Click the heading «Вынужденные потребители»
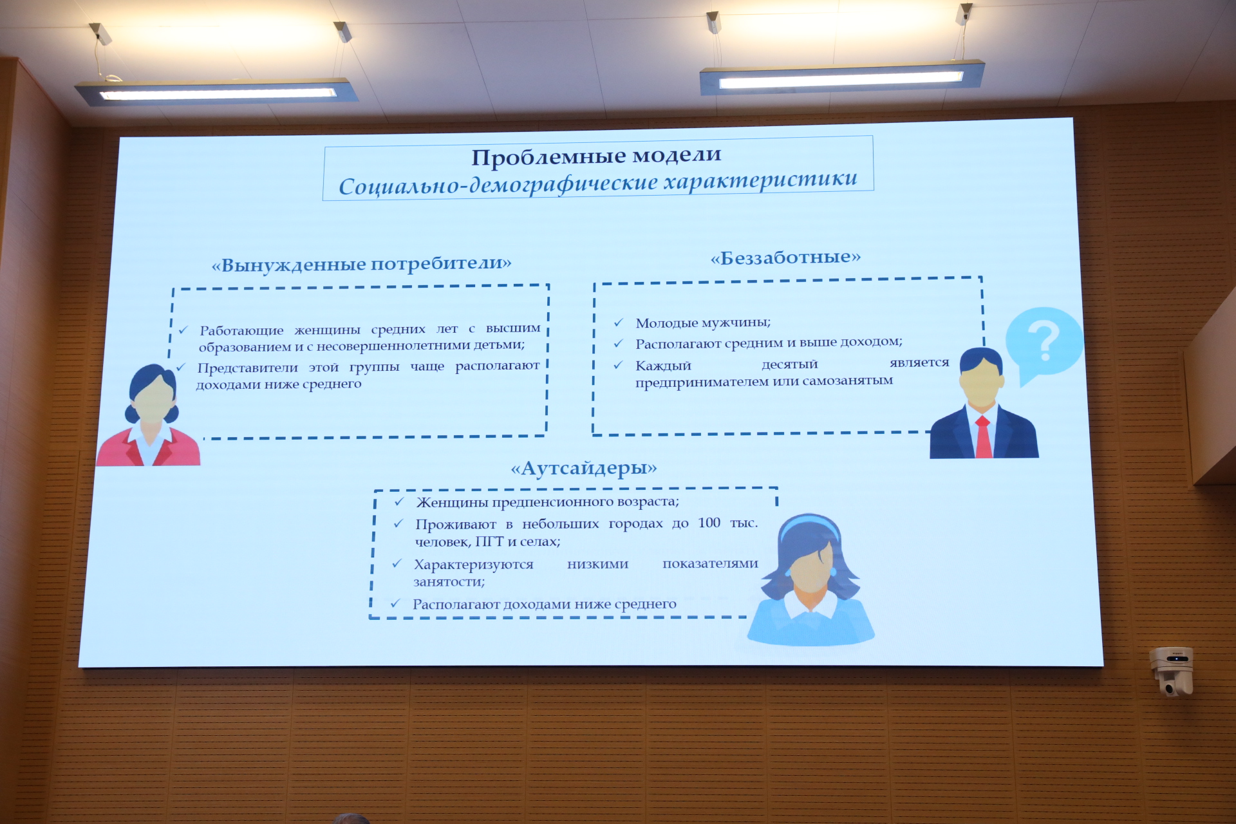click(x=362, y=265)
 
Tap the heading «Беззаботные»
click(x=786, y=257)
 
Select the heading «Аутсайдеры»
click(x=584, y=468)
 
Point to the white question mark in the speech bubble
click(x=1044, y=341)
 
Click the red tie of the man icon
click(x=983, y=437)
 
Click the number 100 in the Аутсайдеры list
click(x=709, y=523)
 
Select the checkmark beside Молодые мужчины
click(x=619, y=323)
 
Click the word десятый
click(x=789, y=365)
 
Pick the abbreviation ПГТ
click(x=489, y=541)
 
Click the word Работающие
click(x=241, y=331)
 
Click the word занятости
click(x=449, y=582)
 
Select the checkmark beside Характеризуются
click(x=397, y=564)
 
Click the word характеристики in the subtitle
click(x=761, y=180)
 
